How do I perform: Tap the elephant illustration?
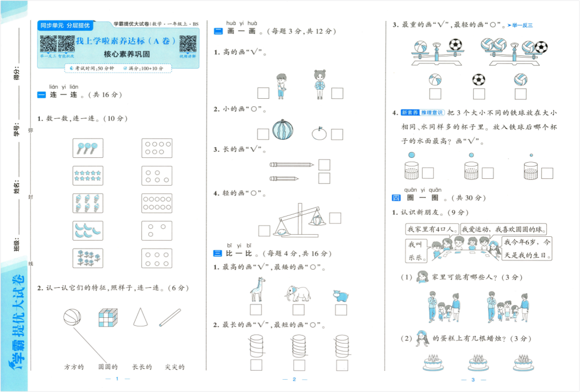pyautogui.click(x=298, y=293)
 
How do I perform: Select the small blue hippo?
pyautogui.click(x=340, y=296)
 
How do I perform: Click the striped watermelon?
pyautogui.click(x=282, y=130)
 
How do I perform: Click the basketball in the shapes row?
pyautogui.click(x=71, y=317)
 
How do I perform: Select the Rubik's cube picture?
pyautogui.click(x=107, y=317)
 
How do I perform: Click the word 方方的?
pyautogui.click(x=74, y=367)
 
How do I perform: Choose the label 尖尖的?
pyautogui.click(x=175, y=367)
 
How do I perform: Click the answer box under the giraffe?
pyautogui.click(x=256, y=310)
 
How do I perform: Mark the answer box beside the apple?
pyautogui.click(x=337, y=134)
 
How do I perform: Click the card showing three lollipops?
pyautogui.click(x=88, y=148)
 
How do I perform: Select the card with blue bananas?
pyautogui.click(x=88, y=230)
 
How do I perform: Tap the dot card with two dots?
pyautogui.click(x=157, y=230)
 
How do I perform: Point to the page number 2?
pyautogui.click(x=294, y=380)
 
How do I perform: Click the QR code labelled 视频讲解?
pyautogui.click(x=187, y=43)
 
